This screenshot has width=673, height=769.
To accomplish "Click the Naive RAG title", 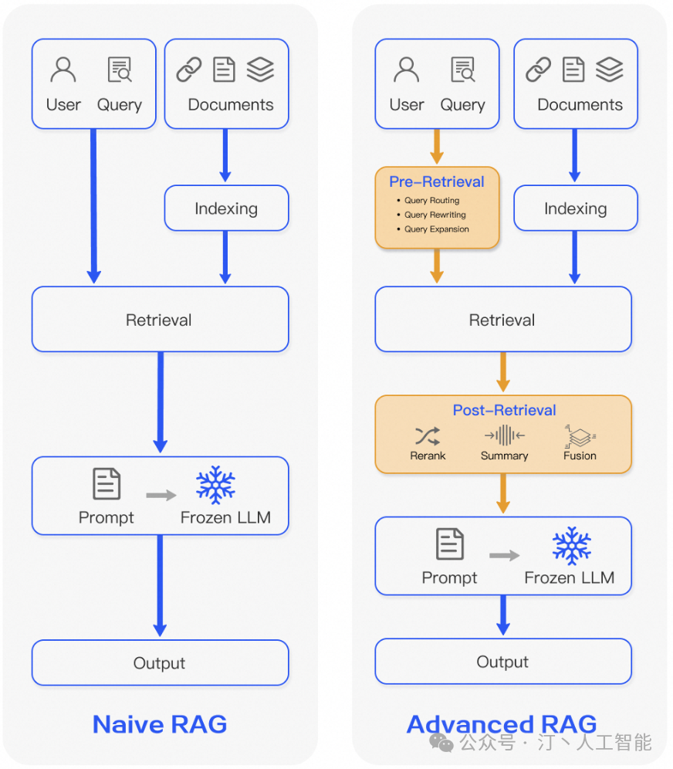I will [x=160, y=724].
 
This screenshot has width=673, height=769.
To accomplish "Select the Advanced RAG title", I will [x=502, y=724].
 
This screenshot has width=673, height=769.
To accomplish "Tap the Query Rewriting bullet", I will [x=435, y=215].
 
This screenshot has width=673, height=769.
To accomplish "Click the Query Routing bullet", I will [x=431, y=200].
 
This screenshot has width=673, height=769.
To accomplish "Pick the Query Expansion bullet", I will [x=436, y=229].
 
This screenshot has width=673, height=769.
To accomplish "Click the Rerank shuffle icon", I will [x=428, y=435].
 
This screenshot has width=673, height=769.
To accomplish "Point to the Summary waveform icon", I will [x=504, y=435].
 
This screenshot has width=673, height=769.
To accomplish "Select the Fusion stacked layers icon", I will [x=580, y=435].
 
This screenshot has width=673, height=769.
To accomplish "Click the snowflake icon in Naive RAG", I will [x=216, y=485].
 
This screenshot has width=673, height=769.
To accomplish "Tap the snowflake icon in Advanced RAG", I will [x=571, y=545].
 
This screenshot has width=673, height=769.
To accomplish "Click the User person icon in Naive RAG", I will [x=63, y=69].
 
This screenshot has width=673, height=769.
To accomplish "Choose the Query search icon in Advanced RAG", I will [x=462, y=69].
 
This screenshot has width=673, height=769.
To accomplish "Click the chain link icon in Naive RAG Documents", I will [x=188, y=69].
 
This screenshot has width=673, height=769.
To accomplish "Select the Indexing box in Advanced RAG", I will [x=575, y=208].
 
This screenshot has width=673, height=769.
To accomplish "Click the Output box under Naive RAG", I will [x=160, y=663].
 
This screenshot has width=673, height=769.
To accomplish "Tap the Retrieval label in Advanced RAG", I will [x=502, y=320].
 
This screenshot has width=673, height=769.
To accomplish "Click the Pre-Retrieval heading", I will [x=437, y=181].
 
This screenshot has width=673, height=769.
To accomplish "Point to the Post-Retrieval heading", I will [x=504, y=410].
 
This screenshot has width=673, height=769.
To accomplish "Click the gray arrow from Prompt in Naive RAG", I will [x=161, y=495].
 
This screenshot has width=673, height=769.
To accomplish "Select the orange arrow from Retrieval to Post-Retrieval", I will [x=503, y=372].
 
